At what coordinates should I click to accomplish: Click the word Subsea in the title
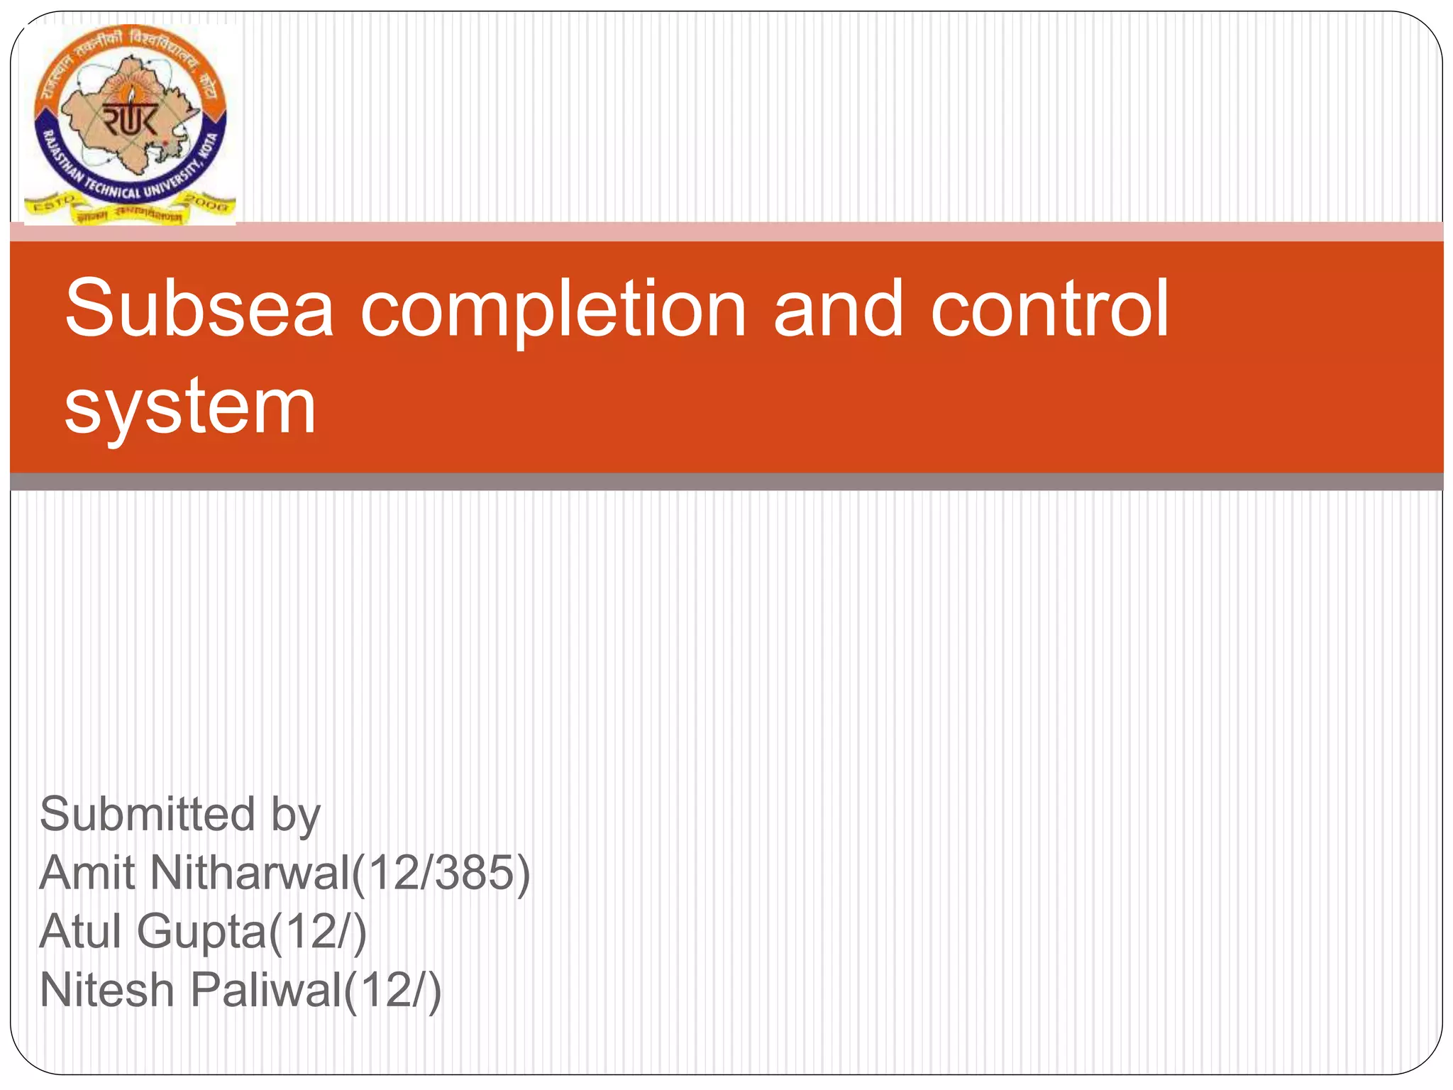(199, 309)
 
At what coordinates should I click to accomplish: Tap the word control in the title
(1049, 309)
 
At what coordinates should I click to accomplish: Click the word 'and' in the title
(838, 309)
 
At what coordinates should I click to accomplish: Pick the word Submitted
(147, 814)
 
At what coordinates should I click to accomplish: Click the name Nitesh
(107, 990)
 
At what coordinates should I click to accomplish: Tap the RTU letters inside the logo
(131, 119)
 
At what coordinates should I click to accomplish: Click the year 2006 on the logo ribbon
(207, 203)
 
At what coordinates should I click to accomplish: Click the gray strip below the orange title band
(726, 482)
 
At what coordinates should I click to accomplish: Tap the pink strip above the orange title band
(726, 231)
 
